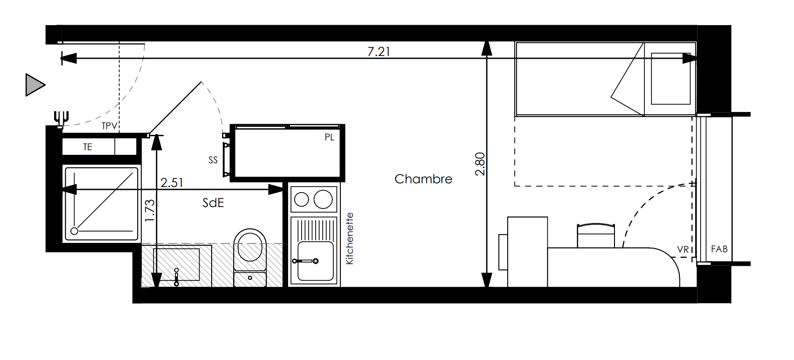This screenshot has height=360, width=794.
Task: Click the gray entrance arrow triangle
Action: click(35, 85)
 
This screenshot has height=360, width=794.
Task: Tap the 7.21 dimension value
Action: click(379, 52)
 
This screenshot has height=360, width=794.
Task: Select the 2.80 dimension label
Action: click(480, 164)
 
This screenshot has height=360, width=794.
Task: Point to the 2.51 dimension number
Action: click(172, 183)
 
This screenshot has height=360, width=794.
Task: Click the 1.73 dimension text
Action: click(150, 211)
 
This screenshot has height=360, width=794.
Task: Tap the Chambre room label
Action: click(423, 179)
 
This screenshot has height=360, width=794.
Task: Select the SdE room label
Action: click(213, 203)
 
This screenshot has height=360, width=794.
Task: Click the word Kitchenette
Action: click(350, 238)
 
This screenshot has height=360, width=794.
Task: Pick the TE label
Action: click(88, 147)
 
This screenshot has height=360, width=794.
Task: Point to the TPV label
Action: click(109, 126)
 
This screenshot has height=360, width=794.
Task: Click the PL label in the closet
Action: click(329, 137)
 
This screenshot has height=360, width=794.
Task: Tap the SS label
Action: click(213, 160)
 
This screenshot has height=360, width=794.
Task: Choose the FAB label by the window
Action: click(719, 249)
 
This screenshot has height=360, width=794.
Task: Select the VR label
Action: click(683, 249)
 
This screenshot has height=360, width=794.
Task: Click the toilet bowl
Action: click(250, 245)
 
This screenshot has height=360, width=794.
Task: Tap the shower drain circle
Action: click(75, 231)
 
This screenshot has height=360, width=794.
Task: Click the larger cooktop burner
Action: click(323, 199)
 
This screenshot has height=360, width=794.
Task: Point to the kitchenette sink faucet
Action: click(305, 262)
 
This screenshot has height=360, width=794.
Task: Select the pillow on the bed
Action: click(670, 79)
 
